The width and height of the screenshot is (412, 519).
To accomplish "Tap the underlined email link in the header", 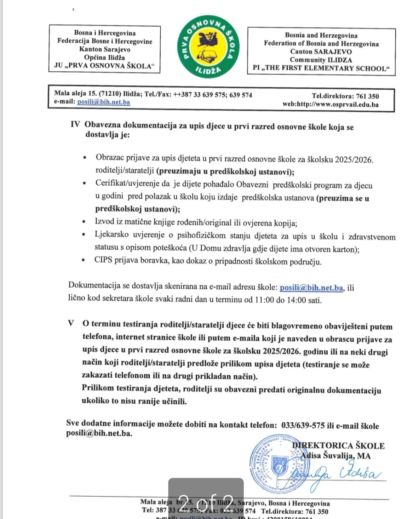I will tap(103, 102).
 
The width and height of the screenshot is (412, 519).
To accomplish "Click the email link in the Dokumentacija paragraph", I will tap(311, 288).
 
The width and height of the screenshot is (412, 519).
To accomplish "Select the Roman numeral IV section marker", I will tap(75, 124).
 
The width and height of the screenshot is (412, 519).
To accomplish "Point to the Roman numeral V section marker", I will tap(71, 323).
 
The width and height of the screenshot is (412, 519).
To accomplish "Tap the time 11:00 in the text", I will tap(264, 300).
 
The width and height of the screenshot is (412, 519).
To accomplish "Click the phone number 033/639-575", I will tap(303, 426).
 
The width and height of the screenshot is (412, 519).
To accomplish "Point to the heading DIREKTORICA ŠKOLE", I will tap(338, 445).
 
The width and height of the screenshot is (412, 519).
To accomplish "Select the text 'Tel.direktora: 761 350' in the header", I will tap(345, 96).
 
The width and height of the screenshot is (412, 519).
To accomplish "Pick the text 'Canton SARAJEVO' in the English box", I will tap(321, 51).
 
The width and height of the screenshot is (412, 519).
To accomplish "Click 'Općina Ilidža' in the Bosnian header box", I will tap(105, 57).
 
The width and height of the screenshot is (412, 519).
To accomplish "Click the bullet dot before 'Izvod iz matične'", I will tap(84, 222).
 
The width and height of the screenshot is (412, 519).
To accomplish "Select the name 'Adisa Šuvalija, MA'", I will tap(335, 455).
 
